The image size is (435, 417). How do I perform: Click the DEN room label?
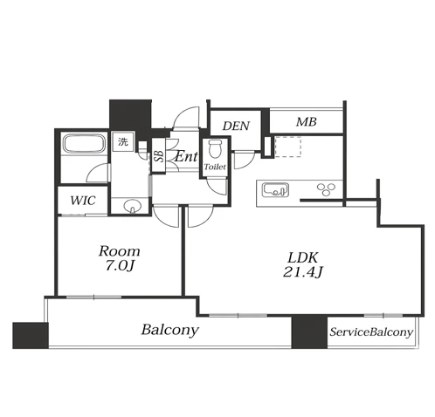click(236, 126)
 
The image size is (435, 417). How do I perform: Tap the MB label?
click(306, 122)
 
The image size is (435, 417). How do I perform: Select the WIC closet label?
click(83, 201)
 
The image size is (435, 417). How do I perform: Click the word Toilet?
click(215, 167)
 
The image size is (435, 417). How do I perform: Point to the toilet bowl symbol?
click(215, 148)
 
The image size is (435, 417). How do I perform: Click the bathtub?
click(84, 144)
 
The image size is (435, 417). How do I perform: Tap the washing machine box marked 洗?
click(123, 141)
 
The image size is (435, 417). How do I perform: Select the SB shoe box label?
click(159, 156)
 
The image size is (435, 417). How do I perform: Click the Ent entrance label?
click(186, 157)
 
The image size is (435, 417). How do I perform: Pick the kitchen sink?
click(275, 190)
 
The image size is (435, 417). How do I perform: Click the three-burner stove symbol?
click(326, 189)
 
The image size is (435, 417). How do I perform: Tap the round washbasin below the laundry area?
click(133, 206)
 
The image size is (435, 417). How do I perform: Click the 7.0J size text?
click(120, 266)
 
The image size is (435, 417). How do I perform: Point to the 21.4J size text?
click(303, 272)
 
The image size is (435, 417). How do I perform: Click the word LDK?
click(303, 257)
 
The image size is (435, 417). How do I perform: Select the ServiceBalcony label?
click(371, 332)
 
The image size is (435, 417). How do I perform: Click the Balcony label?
click(170, 330)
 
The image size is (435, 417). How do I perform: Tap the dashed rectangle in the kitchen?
click(287, 147)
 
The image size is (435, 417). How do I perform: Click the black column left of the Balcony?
click(31, 335)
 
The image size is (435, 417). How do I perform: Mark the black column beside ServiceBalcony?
click(309, 332)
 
